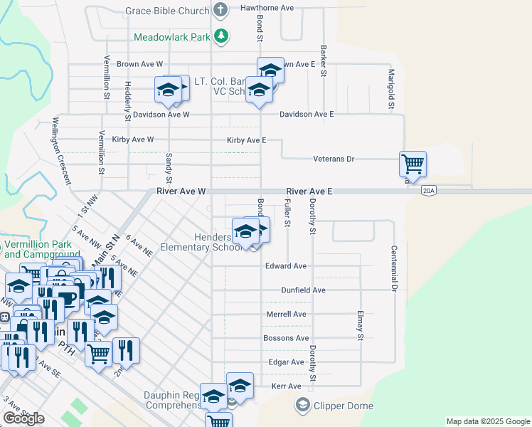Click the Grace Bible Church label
tap(166, 11)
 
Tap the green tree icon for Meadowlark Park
tap(222, 36)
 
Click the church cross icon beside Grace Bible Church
tap(220, 11)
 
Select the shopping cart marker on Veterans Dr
tap(413, 164)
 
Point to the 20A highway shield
tap(428, 191)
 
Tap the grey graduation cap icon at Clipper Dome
tap(302, 406)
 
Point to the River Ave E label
tap(309, 191)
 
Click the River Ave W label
tap(181, 191)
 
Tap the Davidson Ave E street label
tap(307, 114)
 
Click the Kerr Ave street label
tap(287, 386)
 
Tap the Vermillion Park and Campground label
tap(36, 249)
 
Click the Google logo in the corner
tap(23, 418)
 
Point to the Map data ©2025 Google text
tap(487, 421)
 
